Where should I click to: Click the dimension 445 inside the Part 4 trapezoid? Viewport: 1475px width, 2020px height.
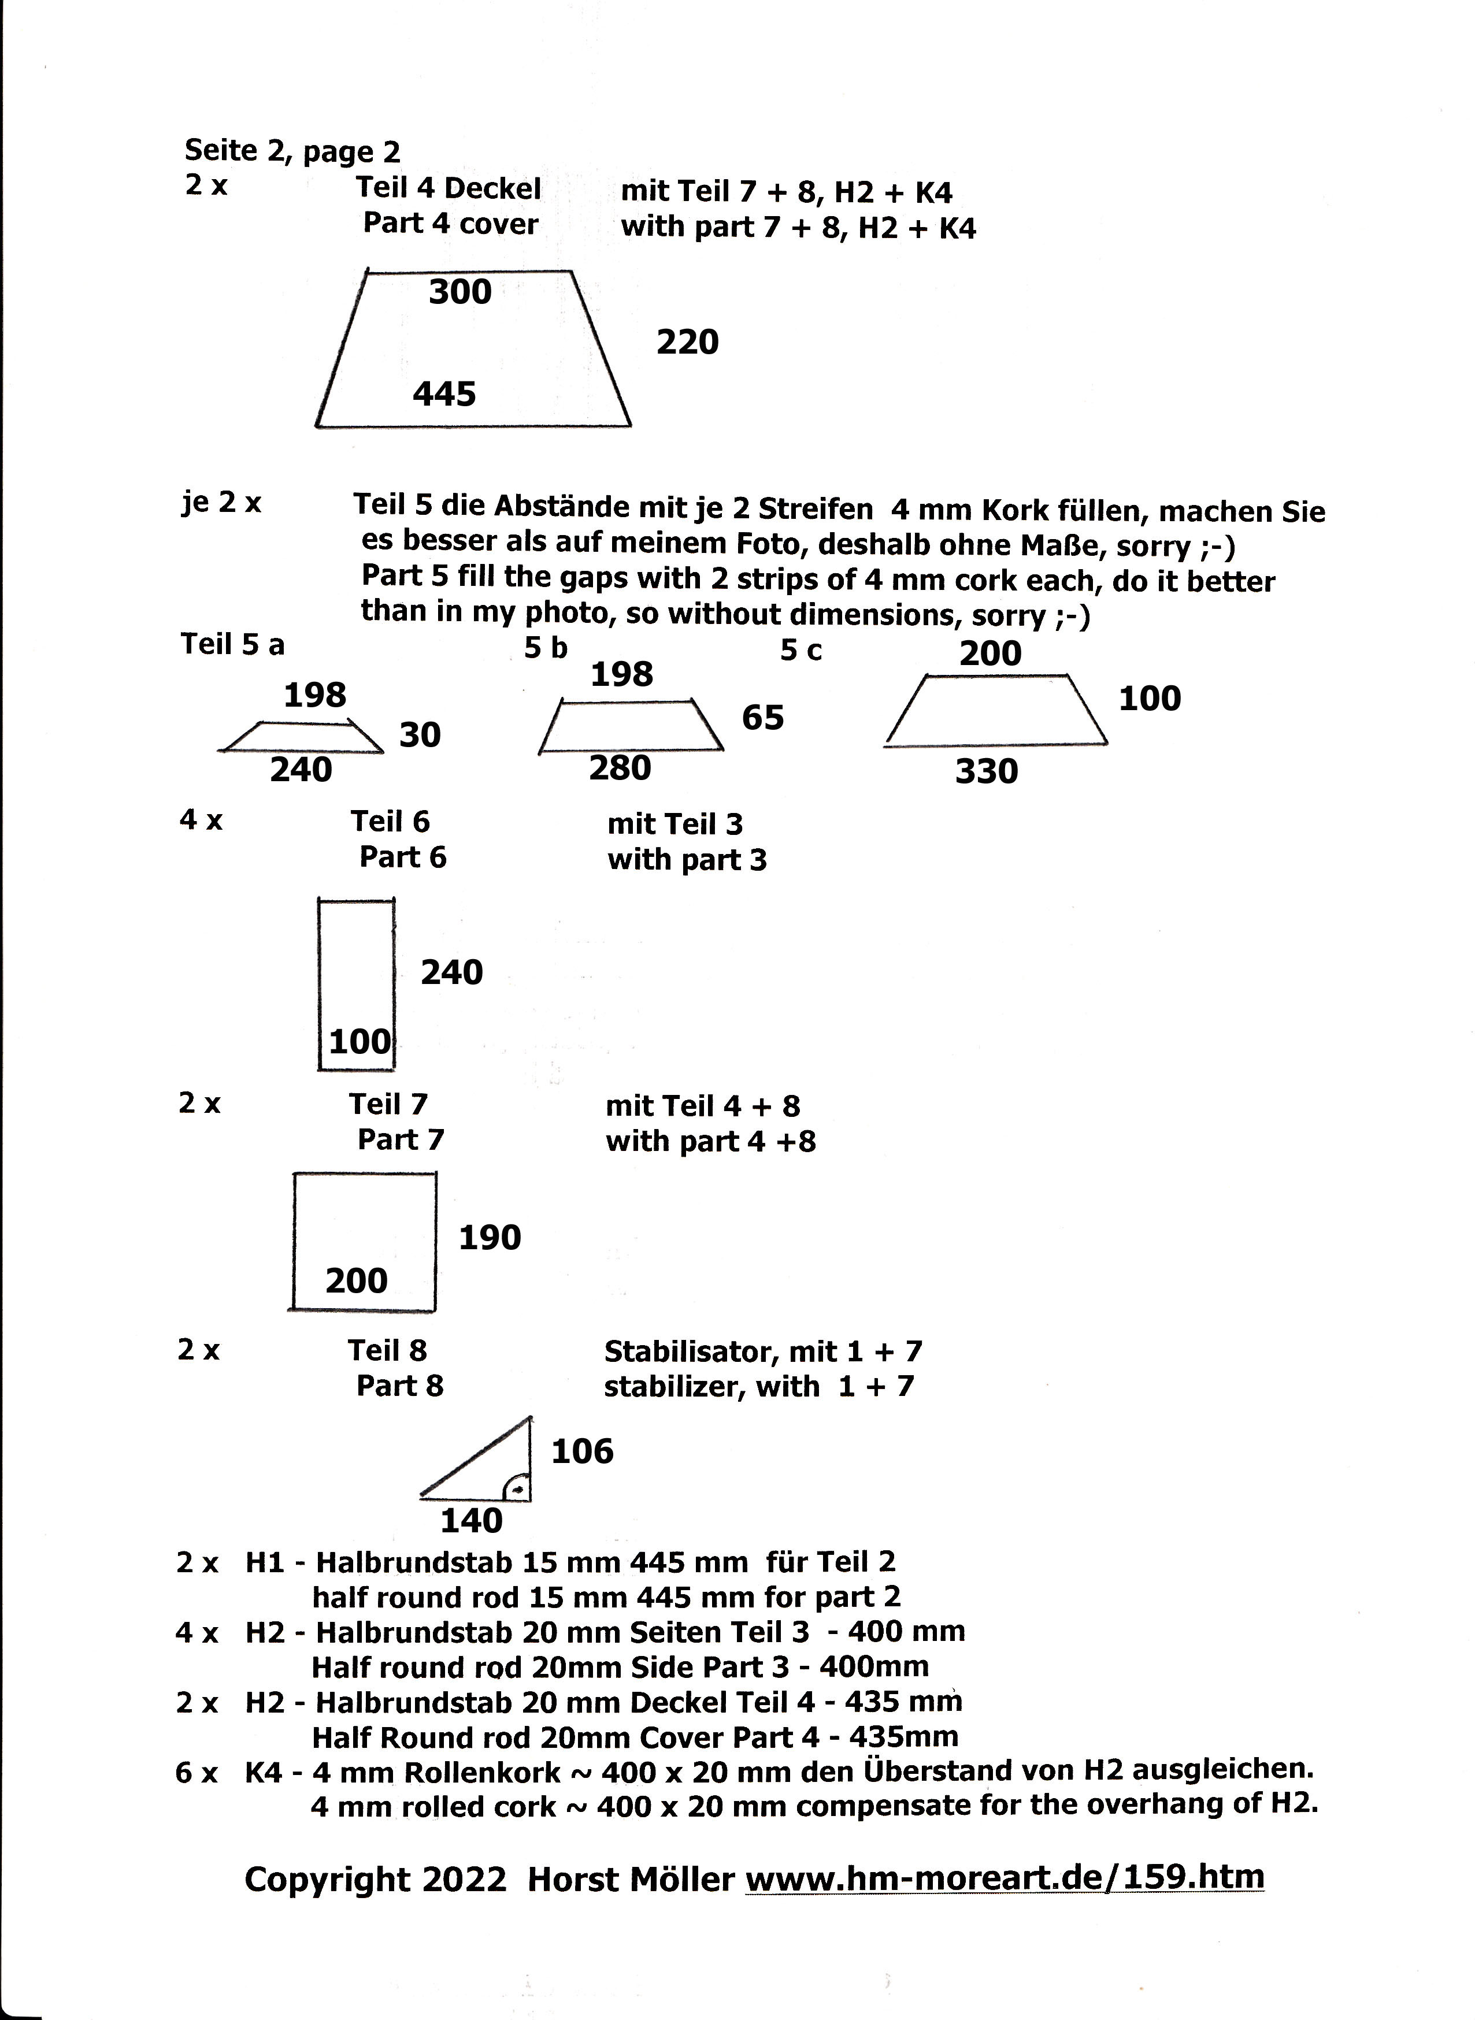(444, 393)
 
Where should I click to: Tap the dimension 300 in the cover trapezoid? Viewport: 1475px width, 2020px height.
(460, 292)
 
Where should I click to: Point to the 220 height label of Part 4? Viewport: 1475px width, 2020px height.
(687, 342)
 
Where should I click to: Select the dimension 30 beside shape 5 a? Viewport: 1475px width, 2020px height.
(420, 734)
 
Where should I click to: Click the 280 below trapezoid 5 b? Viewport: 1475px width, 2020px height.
(620, 768)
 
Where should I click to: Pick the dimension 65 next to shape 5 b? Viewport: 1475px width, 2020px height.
(762, 718)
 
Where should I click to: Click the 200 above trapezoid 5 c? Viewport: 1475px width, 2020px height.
(990, 653)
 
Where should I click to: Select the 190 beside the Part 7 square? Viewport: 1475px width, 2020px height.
(490, 1237)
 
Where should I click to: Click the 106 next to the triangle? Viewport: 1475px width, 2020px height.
(582, 1451)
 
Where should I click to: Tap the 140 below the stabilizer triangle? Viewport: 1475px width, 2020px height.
(472, 1520)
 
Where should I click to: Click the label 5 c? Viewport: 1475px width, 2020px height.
(801, 651)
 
